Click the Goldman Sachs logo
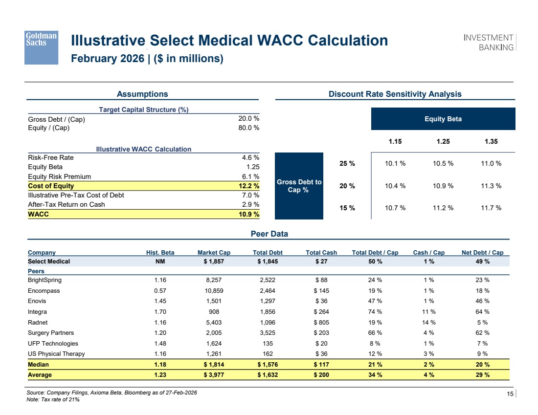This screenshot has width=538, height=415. [41, 47]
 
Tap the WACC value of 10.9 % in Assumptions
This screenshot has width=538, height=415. [249, 215]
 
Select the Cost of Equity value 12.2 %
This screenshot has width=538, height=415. [249, 186]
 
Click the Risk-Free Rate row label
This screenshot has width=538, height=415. [51, 157]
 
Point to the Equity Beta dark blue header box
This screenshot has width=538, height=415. [443, 119]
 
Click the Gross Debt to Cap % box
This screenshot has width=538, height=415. [299, 186]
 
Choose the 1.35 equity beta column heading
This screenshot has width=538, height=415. [491, 141]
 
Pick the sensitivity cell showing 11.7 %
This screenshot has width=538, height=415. [491, 208]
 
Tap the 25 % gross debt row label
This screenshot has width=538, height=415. [347, 164]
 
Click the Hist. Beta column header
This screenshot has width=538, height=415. [160, 252]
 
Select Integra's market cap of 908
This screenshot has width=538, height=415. [214, 312]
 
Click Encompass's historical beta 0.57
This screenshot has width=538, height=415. [160, 290]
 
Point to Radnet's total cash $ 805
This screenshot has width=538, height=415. [321, 323]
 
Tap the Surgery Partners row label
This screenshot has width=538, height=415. [51, 333]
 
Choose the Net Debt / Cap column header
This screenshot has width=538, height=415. [482, 252]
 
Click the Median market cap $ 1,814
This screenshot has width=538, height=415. [214, 365]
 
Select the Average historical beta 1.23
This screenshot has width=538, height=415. [160, 375]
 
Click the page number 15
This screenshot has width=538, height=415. [510, 393]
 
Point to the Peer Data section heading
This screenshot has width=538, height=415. [269, 234]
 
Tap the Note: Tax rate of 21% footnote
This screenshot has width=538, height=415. [53, 399]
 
